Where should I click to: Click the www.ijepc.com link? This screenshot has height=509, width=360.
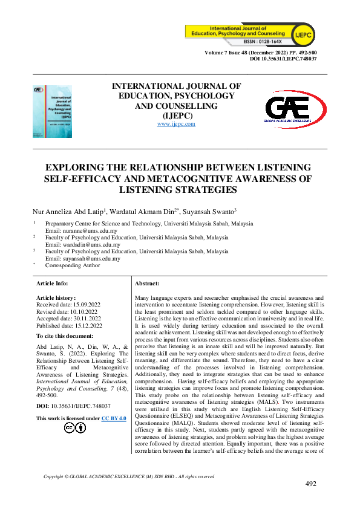click(x=176, y=124)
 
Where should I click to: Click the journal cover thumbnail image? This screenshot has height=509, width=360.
click(x=51, y=111)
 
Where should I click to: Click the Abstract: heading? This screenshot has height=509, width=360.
click(x=146, y=283)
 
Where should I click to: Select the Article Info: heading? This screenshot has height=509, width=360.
click(x=52, y=283)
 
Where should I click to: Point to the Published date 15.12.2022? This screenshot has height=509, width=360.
click(x=69, y=325)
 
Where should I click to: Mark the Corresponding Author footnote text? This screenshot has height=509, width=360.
click(x=73, y=265)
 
